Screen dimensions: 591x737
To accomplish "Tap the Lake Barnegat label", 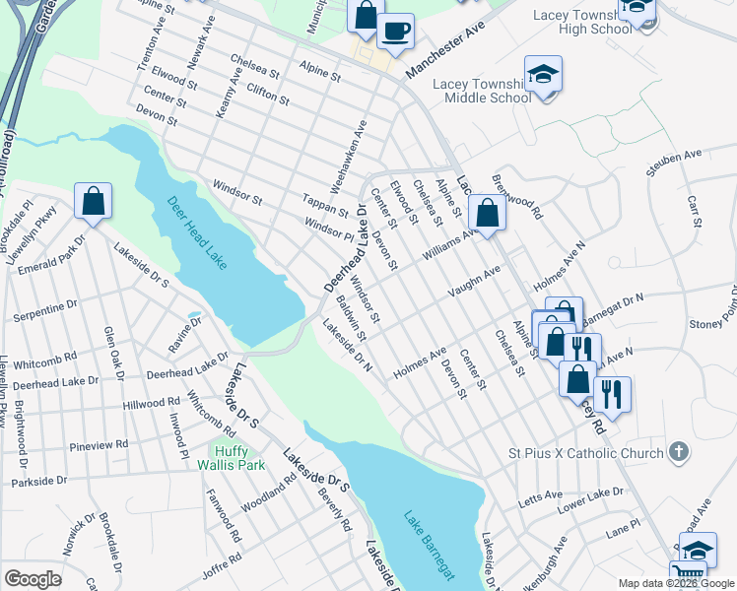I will pyautogui.click(x=431, y=545).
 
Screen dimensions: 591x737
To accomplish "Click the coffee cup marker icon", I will pyautogui.click(x=395, y=32).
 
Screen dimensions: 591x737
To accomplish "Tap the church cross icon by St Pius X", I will pyautogui.click(x=677, y=452).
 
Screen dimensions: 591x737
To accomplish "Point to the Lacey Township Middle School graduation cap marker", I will pyautogui.click(x=542, y=76).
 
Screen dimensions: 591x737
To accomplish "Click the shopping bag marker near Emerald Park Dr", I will pyautogui.click(x=92, y=202).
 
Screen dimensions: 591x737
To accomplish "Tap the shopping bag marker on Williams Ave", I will pyautogui.click(x=487, y=211).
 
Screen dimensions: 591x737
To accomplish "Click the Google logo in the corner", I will pyautogui.click(x=33, y=579).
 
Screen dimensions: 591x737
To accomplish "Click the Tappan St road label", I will pyautogui.click(x=325, y=205).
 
